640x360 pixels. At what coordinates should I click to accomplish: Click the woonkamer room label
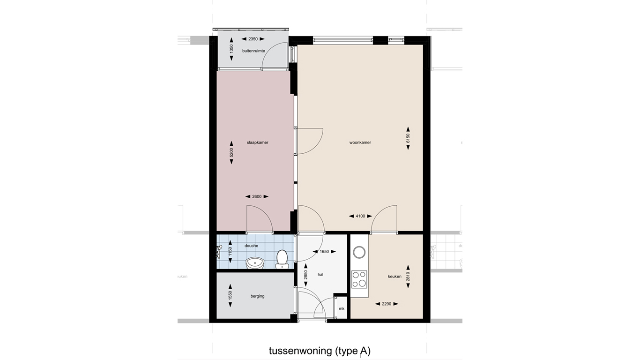point(360,142)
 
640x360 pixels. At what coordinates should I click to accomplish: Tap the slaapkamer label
point(257,142)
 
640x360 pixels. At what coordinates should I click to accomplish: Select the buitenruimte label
point(253,51)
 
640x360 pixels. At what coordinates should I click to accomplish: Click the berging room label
point(257,296)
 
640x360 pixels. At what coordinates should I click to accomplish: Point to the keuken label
point(394,277)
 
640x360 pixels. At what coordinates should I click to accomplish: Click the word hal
point(320,275)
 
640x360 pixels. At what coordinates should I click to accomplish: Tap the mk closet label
point(342,309)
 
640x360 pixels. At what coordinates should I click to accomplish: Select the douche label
point(251,246)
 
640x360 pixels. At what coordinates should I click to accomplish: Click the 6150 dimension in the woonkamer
point(408,138)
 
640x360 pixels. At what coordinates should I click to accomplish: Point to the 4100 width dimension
point(360,216)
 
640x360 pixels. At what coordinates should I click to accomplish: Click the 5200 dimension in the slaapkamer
point(231,152)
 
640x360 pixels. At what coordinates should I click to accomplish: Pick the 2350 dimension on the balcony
point(253,39)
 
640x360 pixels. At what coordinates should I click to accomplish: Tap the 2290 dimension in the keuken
point(387,304)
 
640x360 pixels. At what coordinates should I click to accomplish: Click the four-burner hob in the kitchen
point(359,279)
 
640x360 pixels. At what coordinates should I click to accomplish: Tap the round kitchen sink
point(359,252)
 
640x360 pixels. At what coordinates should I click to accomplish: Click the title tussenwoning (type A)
point(320,351)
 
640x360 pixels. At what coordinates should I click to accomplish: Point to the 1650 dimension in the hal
point(324,252)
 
